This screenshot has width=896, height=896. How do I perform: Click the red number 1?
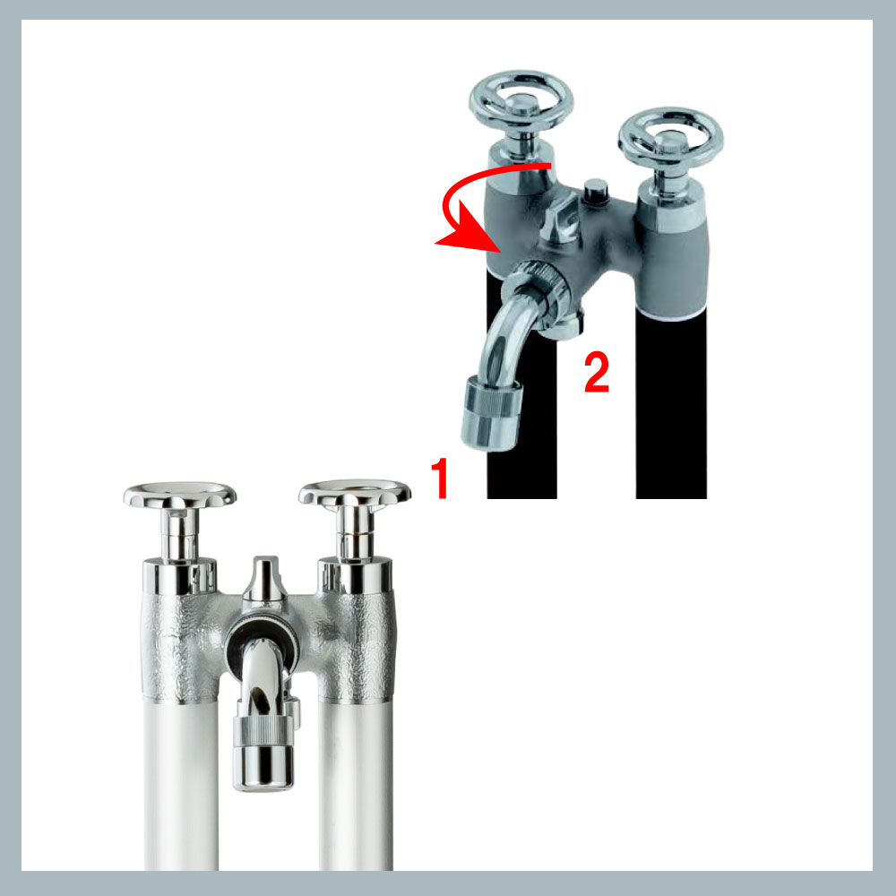tap(439, 478)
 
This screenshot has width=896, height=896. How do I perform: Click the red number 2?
tap(597, 372)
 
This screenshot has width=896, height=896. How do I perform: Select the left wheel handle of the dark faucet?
tap(521, 103)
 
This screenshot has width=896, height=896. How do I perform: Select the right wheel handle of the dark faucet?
tap(671, 137)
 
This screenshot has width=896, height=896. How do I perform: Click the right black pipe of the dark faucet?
tap(671, 406)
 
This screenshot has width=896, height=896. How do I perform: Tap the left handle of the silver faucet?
tap(179, 495)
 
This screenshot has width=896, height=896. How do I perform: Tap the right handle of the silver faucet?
tap(354, 493)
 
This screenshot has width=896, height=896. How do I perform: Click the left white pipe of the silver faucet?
tap(181, 786)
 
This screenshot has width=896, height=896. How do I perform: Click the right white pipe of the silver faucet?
tap(356, 786)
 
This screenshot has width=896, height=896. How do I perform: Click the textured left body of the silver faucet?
tap(178, 647)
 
